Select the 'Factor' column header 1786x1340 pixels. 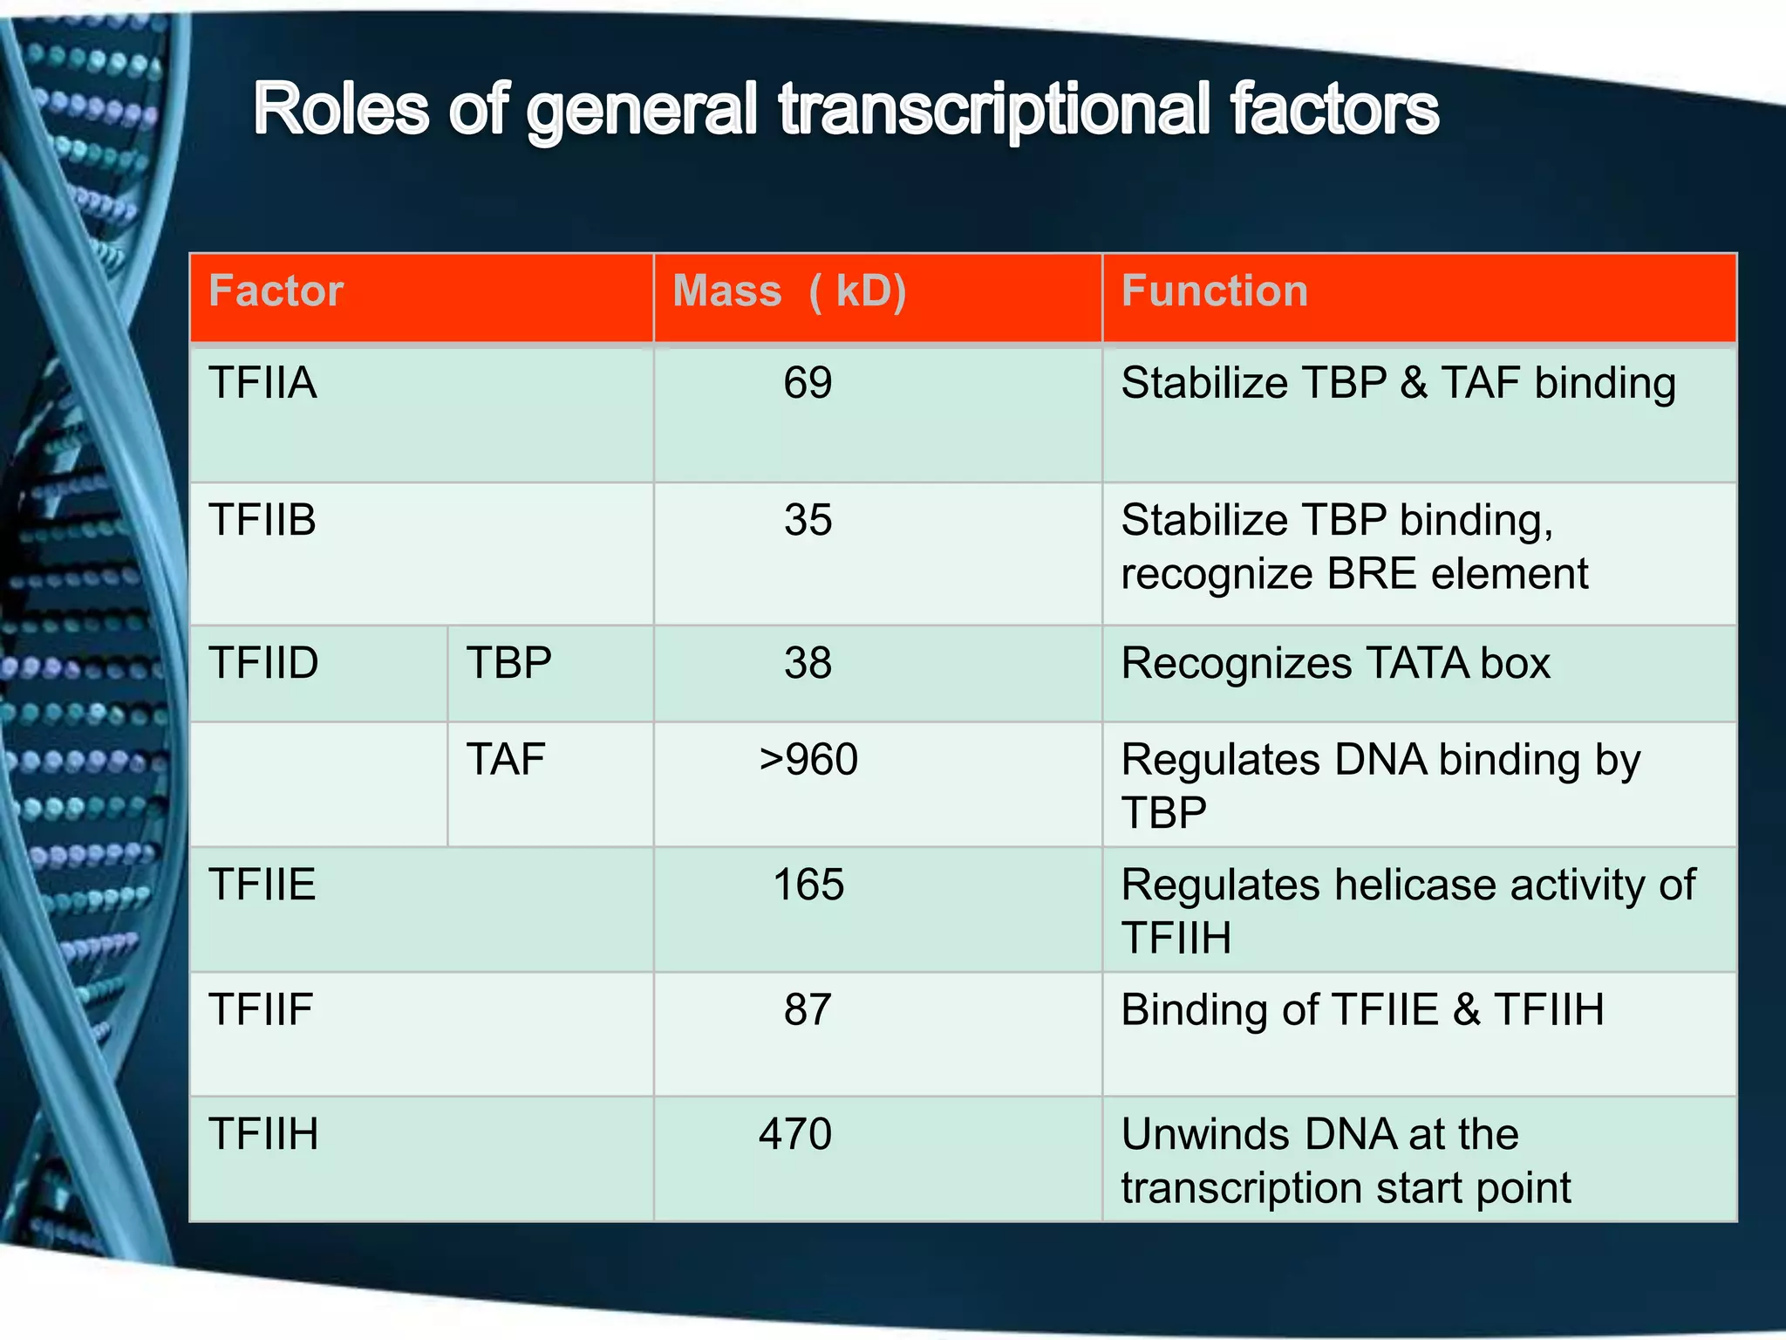click(x=276, y=291)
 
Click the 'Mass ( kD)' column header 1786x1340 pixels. click(x=789, y=291)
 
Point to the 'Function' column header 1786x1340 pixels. click(x=1214, y=291)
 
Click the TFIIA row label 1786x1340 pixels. click(x=262, y=383)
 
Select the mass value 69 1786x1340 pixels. click(x=808, y=383)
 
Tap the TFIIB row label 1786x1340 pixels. click(x=262, y=520)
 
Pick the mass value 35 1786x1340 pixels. click(x=808, y=520)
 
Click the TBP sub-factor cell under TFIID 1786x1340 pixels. click(x=509, y=663)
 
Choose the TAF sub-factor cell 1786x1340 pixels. click(x=506, y=759)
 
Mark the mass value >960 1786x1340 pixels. click(x=808, y=759)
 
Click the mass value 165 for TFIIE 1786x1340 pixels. click(x=808, y=885)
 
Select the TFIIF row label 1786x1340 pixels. click(x=261, y=1009)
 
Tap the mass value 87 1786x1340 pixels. click(x=808, y=1009)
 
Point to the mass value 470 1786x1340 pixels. click(x=795, y=1134)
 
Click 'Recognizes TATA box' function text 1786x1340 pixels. click(x=1335, y=663)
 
